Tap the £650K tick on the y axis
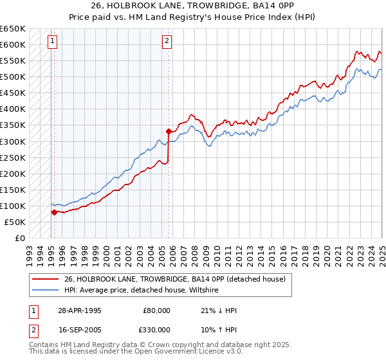point(13,29)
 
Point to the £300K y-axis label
point(13,141)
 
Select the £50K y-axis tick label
point(15,222)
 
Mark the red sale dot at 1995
point(54,212)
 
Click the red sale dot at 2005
point(169,131)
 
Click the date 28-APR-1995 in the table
point(79,310)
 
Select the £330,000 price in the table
point(157,330)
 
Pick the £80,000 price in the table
point(157,310)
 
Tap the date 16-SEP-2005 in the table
point(79,330)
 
